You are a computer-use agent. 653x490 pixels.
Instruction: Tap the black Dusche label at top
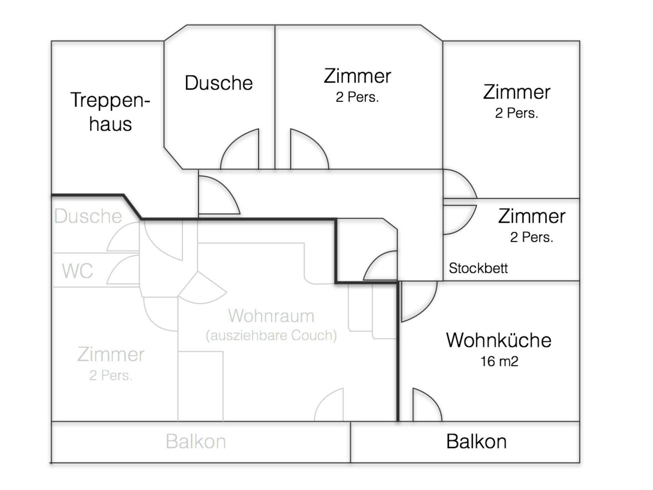click(219, 83)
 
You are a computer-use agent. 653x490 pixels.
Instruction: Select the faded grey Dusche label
click(88, 216)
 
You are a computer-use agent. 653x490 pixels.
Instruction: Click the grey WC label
click(77, 271)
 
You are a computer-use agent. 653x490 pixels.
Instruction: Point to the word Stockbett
click(478, 268)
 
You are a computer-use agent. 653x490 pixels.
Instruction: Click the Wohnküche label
click(499, 340)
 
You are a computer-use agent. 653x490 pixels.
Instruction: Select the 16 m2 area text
click(499, 361)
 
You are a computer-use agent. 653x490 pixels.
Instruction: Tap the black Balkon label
click(476, 442)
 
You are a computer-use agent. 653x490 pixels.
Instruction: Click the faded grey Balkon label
click(196, 442)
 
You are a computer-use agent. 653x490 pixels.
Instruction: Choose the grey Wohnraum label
click(271, 316)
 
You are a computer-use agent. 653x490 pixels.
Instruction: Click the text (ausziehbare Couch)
click(271, 335)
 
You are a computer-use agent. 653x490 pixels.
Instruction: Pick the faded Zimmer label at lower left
click(111, 355)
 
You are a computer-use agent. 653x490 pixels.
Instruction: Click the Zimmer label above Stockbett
click(532, 216)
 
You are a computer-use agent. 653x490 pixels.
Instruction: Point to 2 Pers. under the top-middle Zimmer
click(357, 97)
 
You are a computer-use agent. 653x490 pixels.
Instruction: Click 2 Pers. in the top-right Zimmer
click(517, 113)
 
